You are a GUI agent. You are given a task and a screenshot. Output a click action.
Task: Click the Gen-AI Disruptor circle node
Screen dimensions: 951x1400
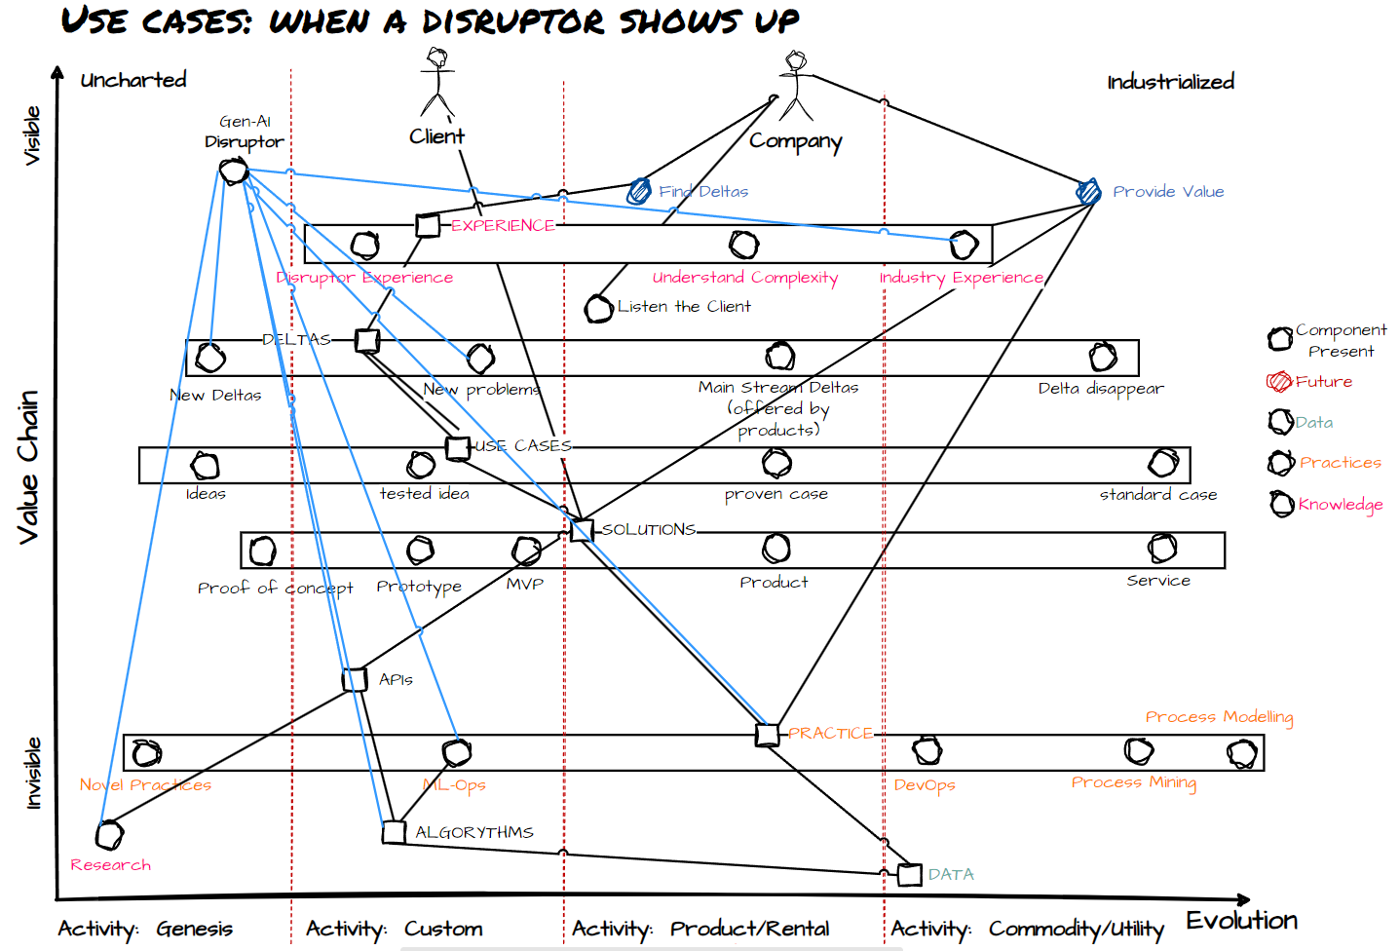(234, 172)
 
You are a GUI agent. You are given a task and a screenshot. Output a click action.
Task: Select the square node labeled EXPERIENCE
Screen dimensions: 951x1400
(428, 225)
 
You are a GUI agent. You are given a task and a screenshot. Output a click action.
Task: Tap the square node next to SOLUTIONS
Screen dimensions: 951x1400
(582, 530)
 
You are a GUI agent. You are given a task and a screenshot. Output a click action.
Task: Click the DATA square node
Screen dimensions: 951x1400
(909, 874)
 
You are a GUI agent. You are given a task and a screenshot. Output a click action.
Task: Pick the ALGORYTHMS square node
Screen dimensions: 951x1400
(394, 832)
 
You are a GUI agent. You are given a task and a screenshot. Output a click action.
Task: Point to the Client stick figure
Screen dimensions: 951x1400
(437, 83)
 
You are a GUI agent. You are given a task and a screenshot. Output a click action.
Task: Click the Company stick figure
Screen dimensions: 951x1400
(796, 86)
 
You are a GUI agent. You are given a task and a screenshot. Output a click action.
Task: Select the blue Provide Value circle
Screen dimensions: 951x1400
(1088, 191)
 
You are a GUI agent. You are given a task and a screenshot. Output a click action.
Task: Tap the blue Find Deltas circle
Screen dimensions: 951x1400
(639, 191)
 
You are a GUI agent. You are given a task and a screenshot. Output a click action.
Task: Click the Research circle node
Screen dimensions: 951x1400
(110, 835)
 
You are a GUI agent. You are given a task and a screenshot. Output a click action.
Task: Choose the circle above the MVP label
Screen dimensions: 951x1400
(526, 551)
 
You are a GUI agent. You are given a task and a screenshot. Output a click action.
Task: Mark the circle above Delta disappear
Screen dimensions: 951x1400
(1103, 357)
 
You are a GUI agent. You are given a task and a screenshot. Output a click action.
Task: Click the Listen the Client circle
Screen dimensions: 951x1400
(598, 309)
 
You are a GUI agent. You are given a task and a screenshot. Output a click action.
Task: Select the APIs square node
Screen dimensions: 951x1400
(356, 679)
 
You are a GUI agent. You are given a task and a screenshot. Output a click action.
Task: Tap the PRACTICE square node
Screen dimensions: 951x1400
(768, 734)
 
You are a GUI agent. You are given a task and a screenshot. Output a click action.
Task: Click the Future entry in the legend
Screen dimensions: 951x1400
(1322, 382)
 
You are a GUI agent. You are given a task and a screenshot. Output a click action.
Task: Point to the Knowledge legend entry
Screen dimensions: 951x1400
(1339, 504)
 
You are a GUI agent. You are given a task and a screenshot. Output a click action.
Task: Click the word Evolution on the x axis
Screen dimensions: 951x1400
(1241, 921)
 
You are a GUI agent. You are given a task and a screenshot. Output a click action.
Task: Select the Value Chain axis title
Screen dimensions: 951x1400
(28, 467)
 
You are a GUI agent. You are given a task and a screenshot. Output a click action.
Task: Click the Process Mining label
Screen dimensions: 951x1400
(1133, 782)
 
